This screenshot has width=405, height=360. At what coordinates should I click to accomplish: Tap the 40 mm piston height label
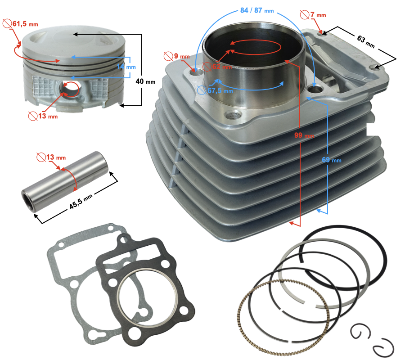(145, 82)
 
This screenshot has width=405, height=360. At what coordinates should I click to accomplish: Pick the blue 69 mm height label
(332, 160)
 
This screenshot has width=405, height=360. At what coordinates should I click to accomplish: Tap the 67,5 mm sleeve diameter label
(220, 90)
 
